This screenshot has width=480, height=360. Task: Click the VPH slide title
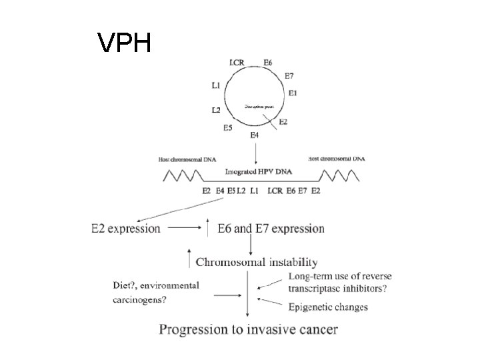(x=125, y=43)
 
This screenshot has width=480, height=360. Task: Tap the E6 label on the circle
(x=267, y=63)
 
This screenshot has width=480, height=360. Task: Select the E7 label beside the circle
(x=290, y=76)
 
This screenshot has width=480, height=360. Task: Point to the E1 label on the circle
(x=293, y=92)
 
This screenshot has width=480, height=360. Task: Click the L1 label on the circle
(x=216, y=85)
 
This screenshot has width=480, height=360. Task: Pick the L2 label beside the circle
(x=216, y=109)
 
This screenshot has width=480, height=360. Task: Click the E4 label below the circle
(x=254, y=136)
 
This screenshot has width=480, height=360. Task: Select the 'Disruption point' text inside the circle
(x=256, y=105)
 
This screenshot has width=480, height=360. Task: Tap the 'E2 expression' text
(x=126, y=229)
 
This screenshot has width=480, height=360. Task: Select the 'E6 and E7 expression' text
(x=271, y=229)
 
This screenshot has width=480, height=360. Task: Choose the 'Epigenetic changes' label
(x=328, y=307)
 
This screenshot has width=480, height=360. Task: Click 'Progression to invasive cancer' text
(x=248, y=329)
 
